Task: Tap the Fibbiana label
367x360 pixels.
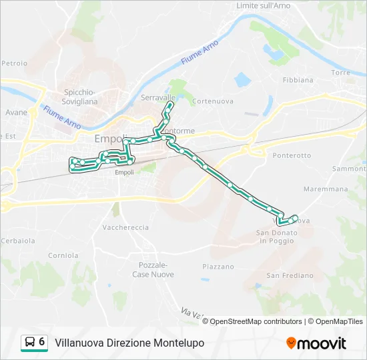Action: [x=298, y=80]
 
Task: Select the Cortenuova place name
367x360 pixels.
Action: [x=211, y=101]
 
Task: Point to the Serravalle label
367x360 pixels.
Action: [x=159, y=97]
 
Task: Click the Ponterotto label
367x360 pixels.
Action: [x=292, y=155]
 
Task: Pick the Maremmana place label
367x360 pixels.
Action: [x=326, y=189]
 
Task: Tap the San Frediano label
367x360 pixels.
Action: [x=290, y=275]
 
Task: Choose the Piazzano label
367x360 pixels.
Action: [x=218, y=267]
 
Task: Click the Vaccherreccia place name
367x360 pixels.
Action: [x=125, y=227]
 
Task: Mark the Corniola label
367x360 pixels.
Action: [x=63, y=255]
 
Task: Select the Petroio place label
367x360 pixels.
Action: [x=14, y=63]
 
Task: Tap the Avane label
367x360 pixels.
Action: [x=17, y=113]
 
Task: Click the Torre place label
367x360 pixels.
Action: [x=340, y=72]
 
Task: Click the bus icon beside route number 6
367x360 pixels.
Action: [x=30, y=342]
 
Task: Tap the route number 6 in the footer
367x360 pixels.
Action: [x=42, y=342]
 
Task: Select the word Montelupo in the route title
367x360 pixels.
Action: [x=179, y=343]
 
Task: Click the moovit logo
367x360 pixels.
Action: [x=316, y=343]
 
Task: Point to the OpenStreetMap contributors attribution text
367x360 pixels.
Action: [x=256, y=321]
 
